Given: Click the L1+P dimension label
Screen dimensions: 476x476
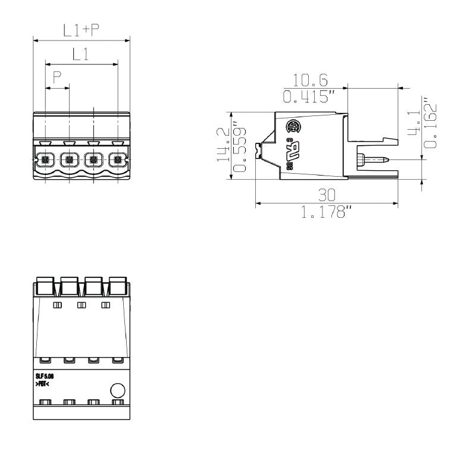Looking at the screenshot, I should point(82,30).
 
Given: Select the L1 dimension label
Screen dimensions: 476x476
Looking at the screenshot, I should point(81,55).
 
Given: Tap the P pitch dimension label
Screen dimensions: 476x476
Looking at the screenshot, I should point(58,77).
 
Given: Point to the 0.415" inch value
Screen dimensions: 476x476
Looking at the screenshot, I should point(317,96).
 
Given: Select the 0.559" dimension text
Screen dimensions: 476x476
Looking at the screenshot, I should point(239,149).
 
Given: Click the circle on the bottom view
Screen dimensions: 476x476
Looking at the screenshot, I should point(118,390).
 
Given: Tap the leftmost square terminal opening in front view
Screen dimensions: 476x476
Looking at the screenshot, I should point(45,159).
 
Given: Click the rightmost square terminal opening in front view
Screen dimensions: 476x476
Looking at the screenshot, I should point(118,159).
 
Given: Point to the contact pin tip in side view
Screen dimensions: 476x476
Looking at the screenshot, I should point(387,159).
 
